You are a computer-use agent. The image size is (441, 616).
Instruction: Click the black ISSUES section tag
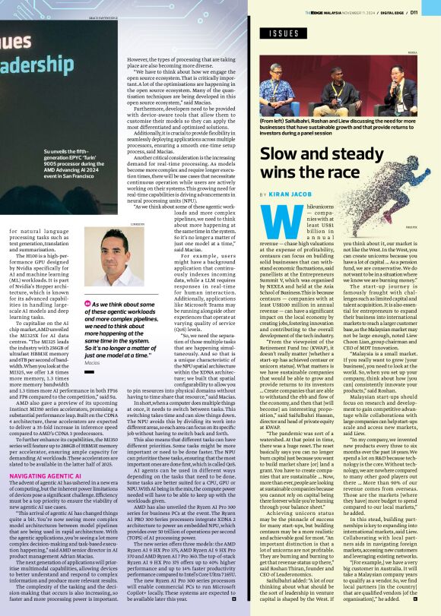[x=284, y=33]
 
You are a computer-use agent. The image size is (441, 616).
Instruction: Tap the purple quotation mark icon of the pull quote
[x=88, y=303]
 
